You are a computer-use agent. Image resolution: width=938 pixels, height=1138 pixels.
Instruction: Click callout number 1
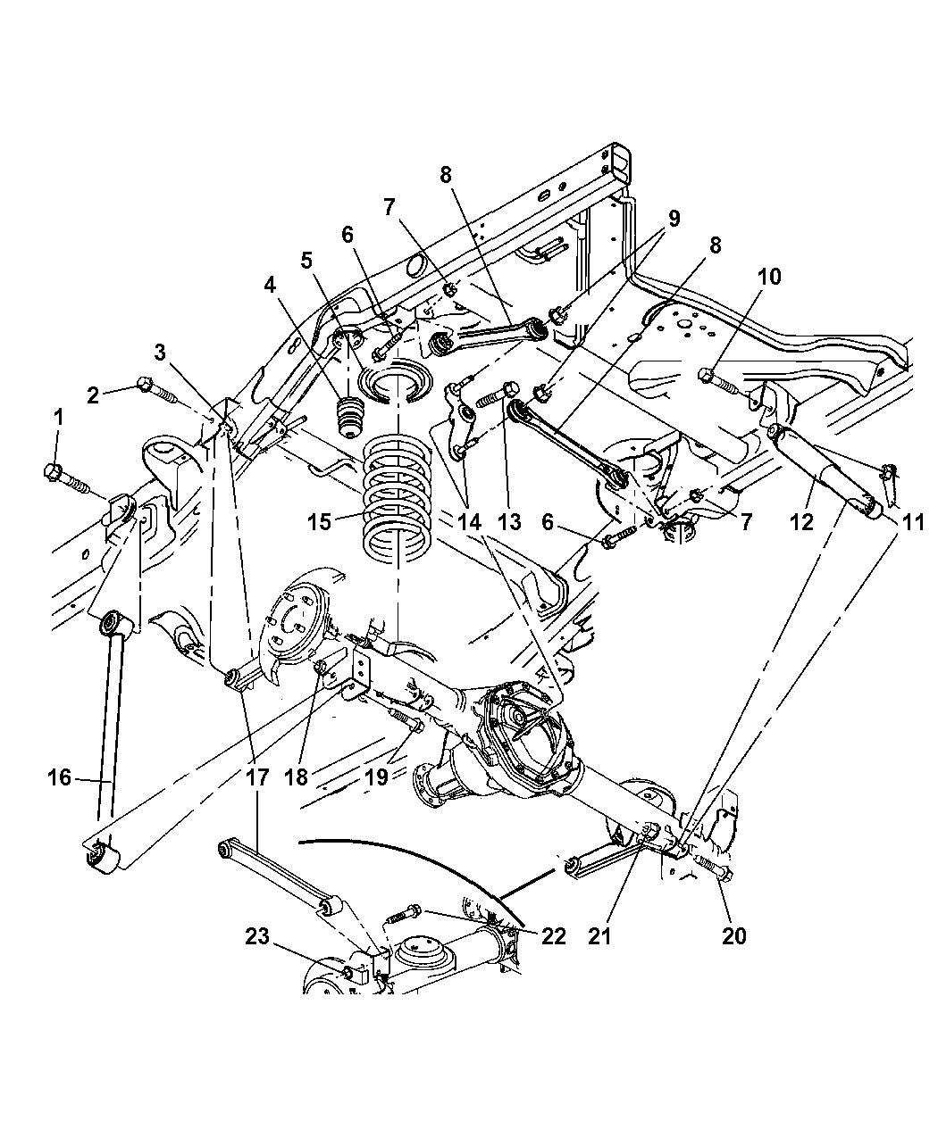[x=59, y=416]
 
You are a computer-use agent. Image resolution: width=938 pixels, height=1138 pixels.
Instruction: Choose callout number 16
[x=59, y=778]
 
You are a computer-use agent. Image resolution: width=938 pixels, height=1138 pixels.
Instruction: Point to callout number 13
[x=508, y=523]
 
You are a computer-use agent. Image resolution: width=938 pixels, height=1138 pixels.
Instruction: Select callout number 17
[x=256, y=777]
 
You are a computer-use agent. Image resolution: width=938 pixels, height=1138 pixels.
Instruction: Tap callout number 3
[x=160, y=352]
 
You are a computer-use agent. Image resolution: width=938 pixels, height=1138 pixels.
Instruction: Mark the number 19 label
[x=376, y=777]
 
